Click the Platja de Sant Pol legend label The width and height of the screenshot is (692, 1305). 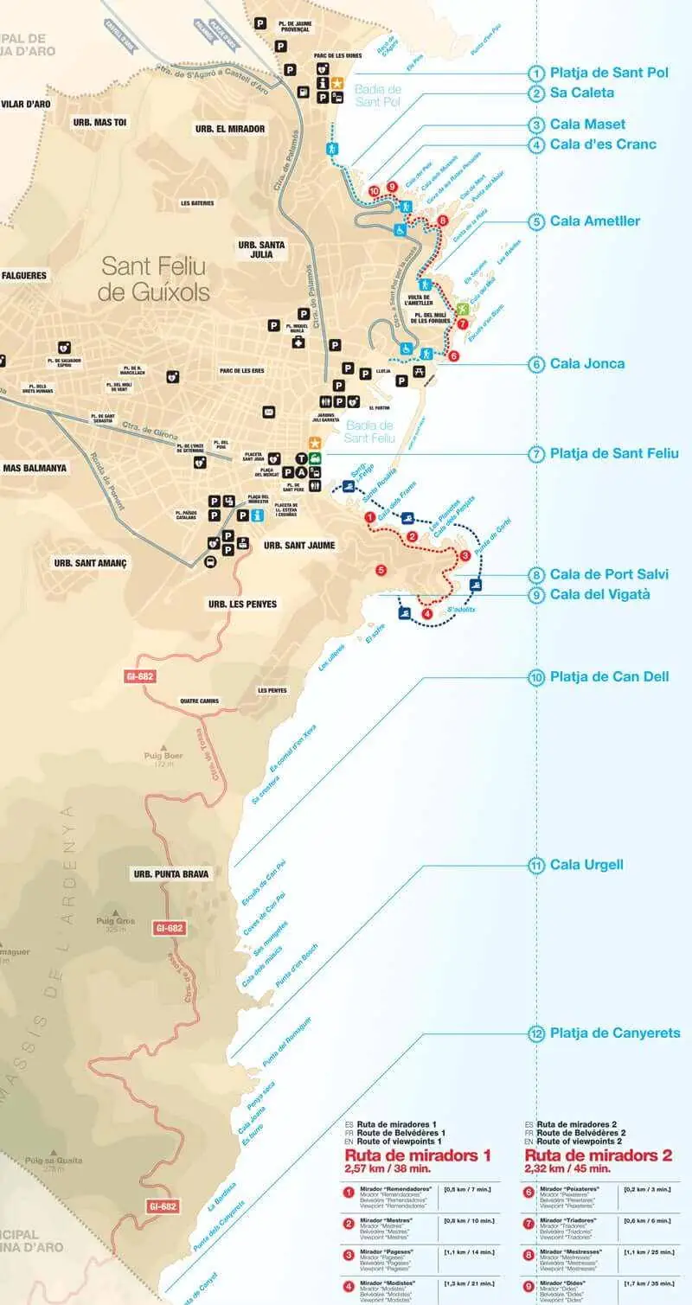609,73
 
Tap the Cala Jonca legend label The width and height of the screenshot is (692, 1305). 586,364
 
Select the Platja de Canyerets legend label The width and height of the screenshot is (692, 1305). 615,1033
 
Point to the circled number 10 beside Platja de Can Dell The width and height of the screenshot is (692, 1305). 536,677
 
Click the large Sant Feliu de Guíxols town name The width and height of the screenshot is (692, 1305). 154,278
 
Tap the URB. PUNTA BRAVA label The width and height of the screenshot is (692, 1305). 171,873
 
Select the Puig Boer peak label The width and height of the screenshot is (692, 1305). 163,755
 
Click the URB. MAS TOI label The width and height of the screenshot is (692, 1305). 99,123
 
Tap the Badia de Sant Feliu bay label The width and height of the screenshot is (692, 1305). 370,432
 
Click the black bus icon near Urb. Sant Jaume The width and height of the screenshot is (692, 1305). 210,561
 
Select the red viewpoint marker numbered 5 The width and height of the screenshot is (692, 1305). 381,570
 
